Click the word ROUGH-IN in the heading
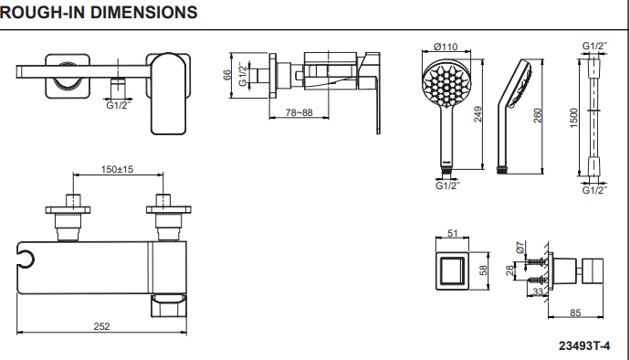point(42,12)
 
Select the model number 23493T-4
point(584,346)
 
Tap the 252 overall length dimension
point(101,326)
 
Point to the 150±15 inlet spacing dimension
point(117,169)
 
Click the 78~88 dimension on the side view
point(299,112)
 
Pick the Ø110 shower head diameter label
point(446,48)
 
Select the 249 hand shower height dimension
point(478,114)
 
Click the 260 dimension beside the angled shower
point(538,116)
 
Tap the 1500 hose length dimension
point(573,118)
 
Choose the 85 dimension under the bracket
point(575,312)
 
